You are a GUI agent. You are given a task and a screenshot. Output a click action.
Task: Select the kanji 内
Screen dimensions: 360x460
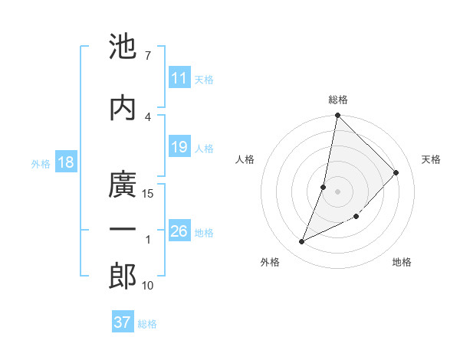point(123,108)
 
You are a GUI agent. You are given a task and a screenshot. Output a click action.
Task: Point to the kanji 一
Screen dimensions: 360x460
point(123,230)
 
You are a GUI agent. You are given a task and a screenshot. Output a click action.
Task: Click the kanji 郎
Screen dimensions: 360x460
point(123,277)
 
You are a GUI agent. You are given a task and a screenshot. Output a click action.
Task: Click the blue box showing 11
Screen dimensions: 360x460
point(179,78)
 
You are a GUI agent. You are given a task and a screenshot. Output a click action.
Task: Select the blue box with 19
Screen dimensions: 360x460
point(179,147)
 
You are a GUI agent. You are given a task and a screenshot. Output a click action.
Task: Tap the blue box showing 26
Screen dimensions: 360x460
point(179,231)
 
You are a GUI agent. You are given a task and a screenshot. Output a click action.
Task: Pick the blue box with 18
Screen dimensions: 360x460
point(65,163)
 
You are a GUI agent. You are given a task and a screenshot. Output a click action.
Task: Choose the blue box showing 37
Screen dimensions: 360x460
point(123,322)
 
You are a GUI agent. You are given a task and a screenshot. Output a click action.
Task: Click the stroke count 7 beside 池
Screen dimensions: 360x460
point(147,55)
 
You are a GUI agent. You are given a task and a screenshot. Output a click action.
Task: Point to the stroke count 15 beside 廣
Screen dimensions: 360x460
point(149,194)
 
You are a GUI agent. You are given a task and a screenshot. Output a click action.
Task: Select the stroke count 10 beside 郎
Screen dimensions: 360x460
point(149,286)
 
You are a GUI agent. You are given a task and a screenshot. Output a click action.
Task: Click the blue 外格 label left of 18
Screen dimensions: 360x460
point(41,164)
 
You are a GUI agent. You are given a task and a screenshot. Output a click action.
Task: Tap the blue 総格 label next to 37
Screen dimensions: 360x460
point(147,324)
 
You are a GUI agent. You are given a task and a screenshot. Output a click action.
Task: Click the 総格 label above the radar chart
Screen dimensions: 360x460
point(338,100)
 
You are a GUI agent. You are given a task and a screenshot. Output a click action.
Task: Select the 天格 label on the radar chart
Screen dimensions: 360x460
point(432,159)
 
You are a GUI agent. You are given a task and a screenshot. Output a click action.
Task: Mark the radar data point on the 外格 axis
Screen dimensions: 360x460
point(302,242)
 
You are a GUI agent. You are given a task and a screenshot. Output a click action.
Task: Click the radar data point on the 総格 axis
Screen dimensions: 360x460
point(338,116)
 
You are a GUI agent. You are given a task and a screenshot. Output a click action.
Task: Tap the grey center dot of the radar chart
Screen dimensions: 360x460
point(338,191)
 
